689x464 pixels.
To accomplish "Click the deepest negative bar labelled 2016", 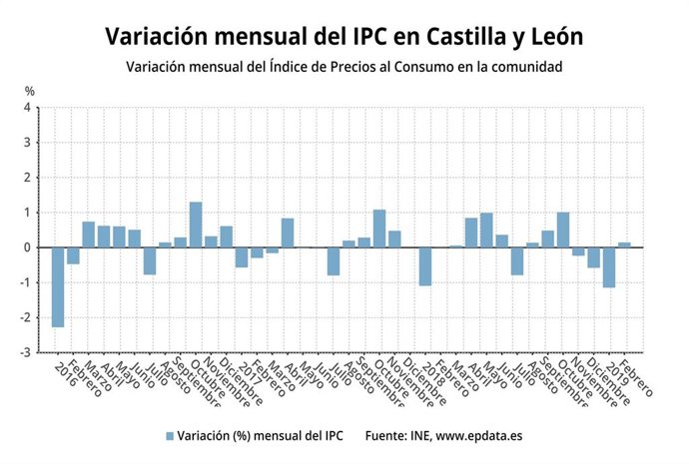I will click(58, 287).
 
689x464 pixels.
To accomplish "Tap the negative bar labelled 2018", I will click(425, 266).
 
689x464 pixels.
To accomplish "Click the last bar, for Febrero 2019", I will click(624, 244).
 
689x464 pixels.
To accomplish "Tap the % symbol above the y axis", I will click(29, 91).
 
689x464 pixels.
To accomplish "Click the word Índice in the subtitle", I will click(291, 67).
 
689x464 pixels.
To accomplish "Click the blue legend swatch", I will click(169, 435).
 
